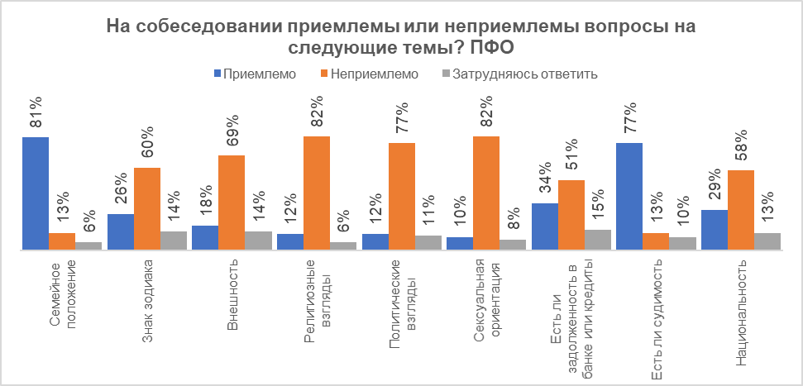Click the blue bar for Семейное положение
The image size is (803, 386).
pos(36,193)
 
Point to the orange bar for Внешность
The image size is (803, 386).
pos(232,202)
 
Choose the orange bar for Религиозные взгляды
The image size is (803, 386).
pos(317,193)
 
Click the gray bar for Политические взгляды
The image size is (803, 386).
pos(428,242)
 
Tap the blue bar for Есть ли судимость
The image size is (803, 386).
pos(629,196)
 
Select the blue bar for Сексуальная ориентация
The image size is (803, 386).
pos(460,243)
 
